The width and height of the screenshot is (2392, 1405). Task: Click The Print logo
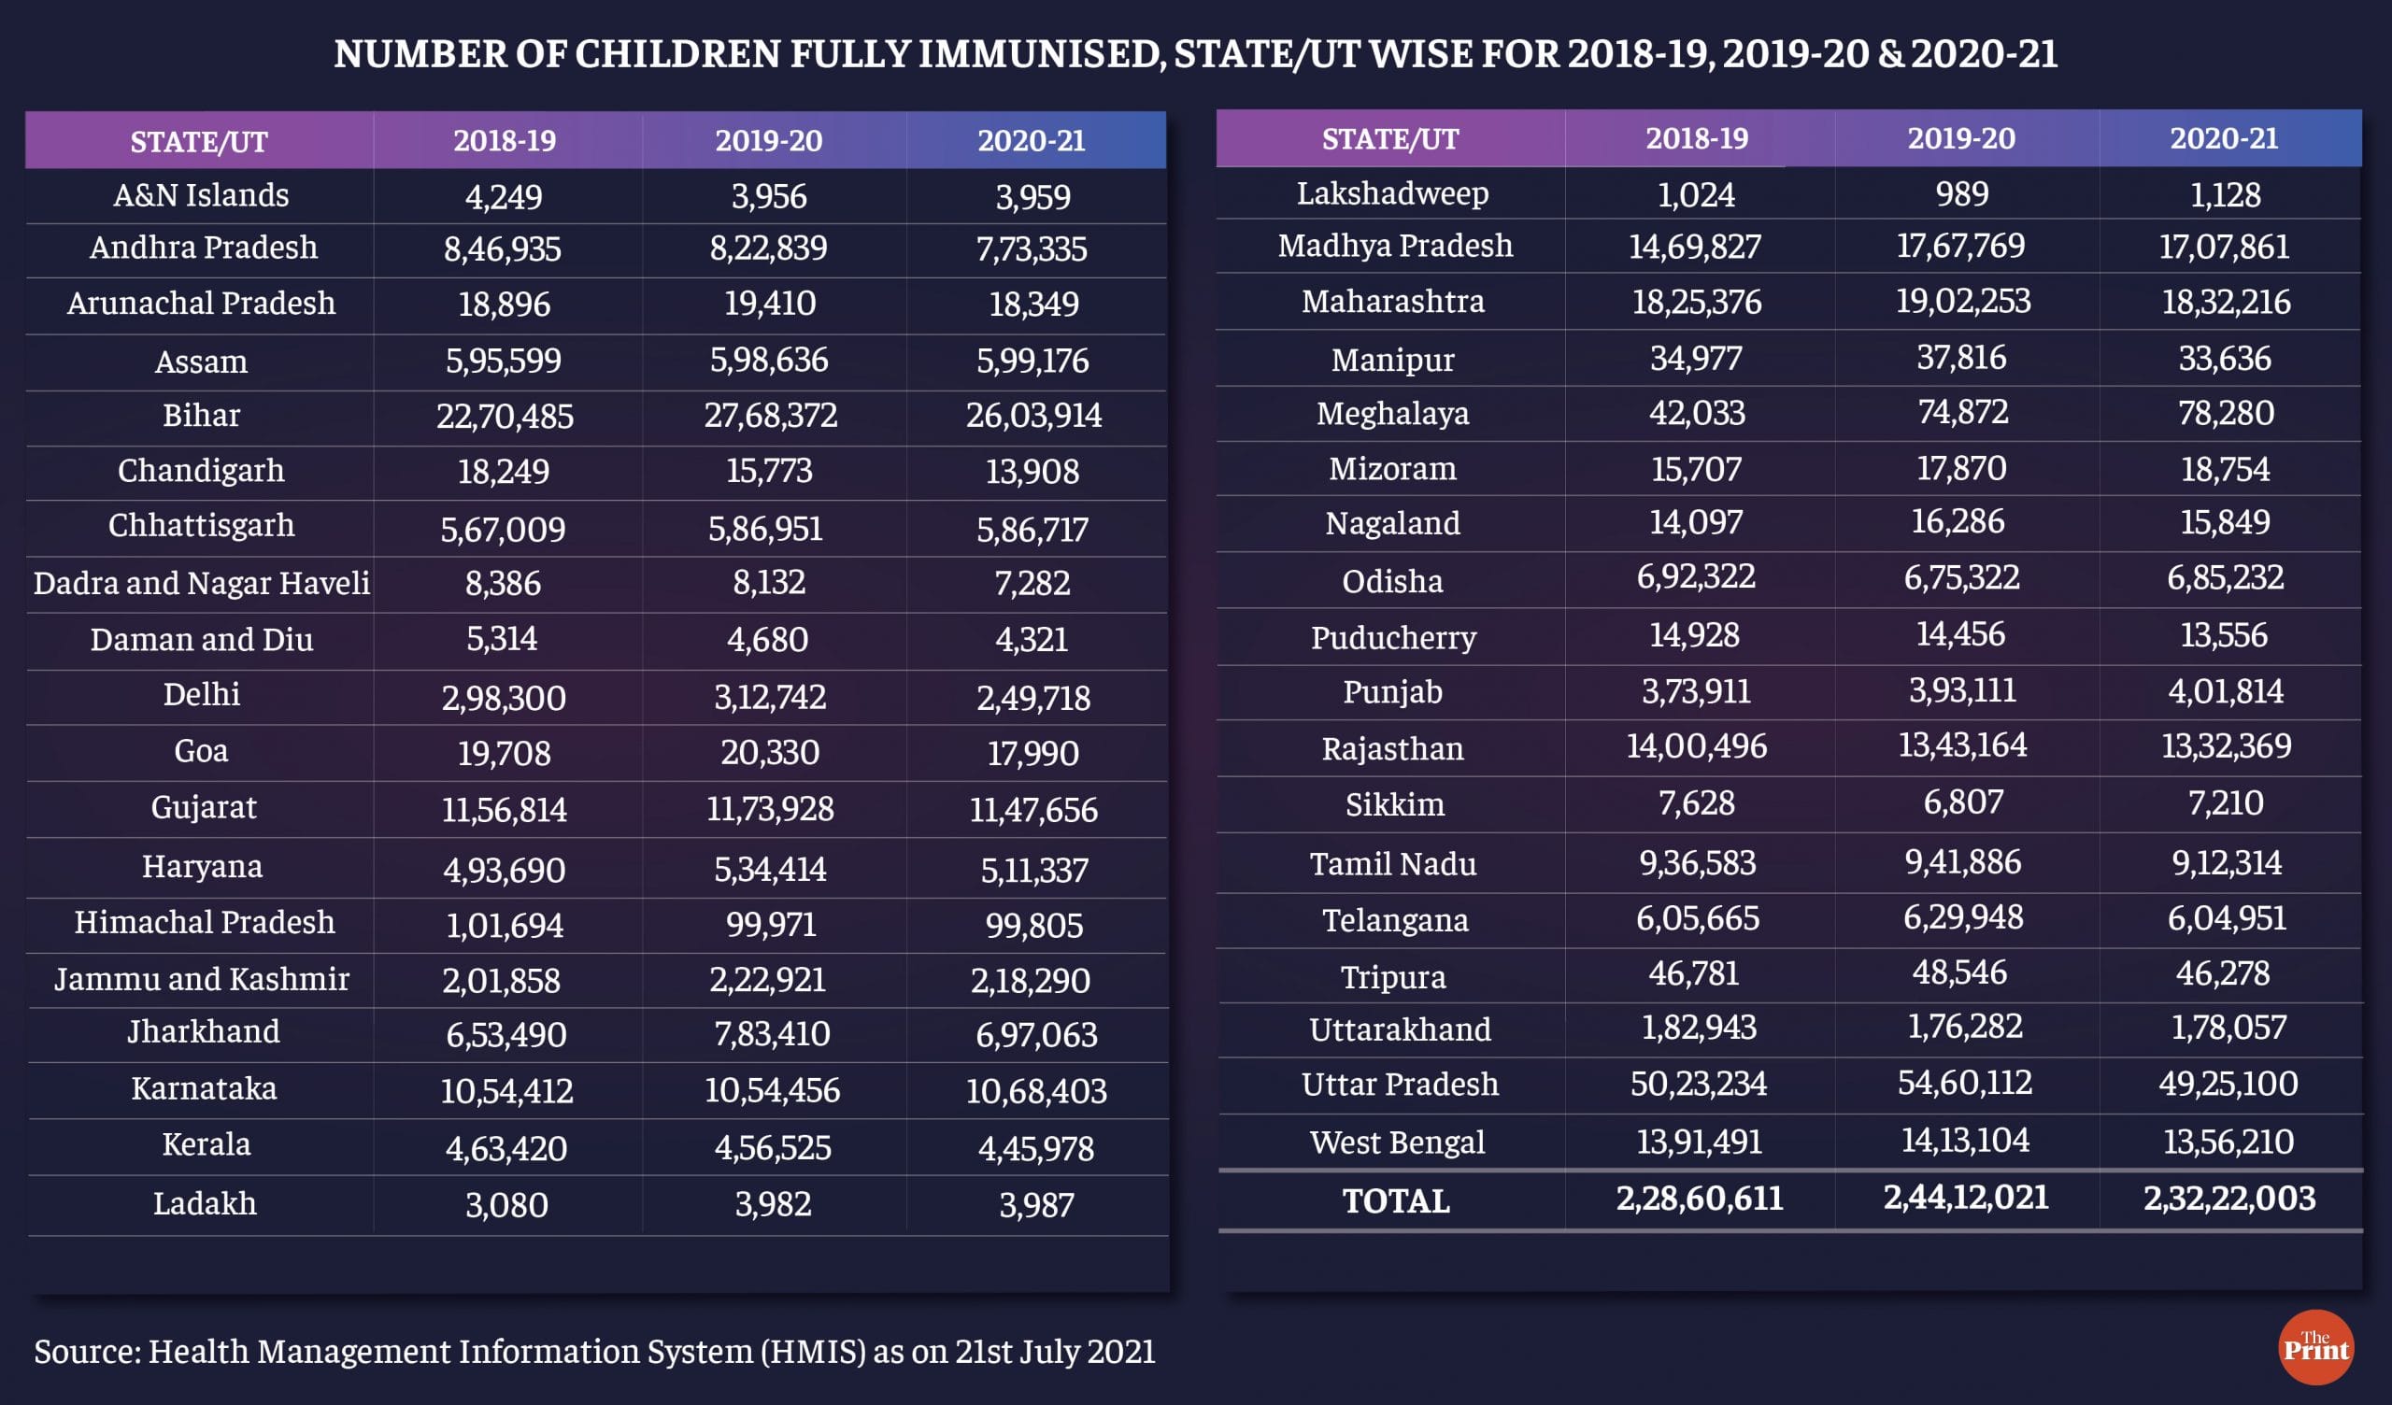tap(2315, 1347)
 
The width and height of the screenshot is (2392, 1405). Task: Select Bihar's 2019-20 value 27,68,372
tap(770, 416)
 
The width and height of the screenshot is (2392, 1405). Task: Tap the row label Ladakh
tap(204, 1204)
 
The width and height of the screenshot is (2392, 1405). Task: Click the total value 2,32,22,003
tap(2228, 1198)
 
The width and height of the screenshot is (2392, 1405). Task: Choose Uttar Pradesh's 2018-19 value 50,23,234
tap(1698, 1084)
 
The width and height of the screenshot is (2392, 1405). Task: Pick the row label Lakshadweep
tap(1392, 193)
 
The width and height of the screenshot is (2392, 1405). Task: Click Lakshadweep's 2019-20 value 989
tap(1961, 193)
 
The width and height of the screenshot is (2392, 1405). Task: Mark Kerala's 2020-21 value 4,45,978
tap(1035, 1149)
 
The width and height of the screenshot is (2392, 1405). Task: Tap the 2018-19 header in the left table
tap(504, 140)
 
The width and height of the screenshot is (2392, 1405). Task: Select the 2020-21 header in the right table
tap(2223, 138)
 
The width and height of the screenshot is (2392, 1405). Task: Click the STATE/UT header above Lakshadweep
tap(1389, 139)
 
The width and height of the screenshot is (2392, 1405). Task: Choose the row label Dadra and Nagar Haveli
tap(201, 583)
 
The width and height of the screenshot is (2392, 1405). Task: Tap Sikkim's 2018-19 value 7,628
tap(1696, 803)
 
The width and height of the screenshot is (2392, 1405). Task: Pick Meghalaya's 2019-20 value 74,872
tap(1962, 412)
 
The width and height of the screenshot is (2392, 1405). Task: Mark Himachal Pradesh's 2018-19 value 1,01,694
tap(504, 926)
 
